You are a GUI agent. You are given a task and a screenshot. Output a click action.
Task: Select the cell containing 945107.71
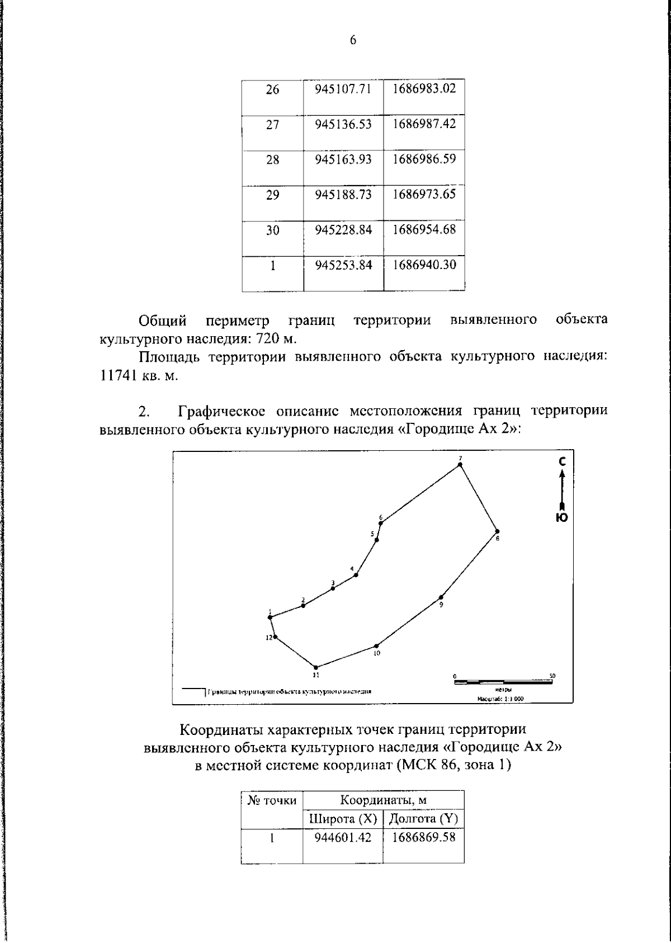tap(343, 89)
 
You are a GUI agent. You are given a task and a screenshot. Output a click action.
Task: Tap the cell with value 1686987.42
tap(424, 124)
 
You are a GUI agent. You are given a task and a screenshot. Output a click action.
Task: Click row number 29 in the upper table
tap(272, 195)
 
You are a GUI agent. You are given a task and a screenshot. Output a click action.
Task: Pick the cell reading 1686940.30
tap(424, 265)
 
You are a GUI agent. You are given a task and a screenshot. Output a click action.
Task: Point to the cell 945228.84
tap(343, 230)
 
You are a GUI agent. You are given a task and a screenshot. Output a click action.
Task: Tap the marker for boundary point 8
tap(497, 531)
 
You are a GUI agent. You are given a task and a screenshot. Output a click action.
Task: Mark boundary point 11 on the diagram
tap(316, 667)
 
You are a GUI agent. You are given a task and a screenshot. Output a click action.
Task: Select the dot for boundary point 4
tap(356, 574)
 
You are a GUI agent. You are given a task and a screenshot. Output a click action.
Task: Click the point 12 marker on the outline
tap(275, 636)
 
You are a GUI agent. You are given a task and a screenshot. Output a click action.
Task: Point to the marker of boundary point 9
tap(441, 597)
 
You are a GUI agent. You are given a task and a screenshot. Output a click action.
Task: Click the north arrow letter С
tap(563, 461)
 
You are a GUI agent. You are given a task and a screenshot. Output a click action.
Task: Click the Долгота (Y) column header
tap(423, 819)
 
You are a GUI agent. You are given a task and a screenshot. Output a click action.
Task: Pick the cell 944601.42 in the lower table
tap(343, 838)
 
